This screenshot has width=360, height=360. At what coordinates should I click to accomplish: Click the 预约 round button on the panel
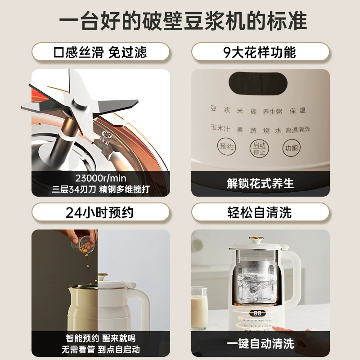pyautogui.click(x=226, y=147)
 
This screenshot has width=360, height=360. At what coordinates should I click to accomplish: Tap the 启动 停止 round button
pyautogui.click(x=259, y=148)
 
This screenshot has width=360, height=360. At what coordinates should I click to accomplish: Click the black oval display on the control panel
pyautogui.click(x=258, y=83)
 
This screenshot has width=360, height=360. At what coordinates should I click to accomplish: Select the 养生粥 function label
pyautogui.click(x=273, y=112)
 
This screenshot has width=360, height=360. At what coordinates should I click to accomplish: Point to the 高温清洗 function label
pyautogui.click(x=298, y=130)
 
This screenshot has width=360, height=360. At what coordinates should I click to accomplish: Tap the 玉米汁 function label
pyautogui.click(x=220, y=128)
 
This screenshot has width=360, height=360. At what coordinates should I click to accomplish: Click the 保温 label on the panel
pyautogui.click(x=297, y=111)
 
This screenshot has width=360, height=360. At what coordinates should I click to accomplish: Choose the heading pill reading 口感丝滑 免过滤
pyautogui.click(x=100, y=52)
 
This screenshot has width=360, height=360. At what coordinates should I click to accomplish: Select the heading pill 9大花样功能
pyautogui.click(x=261, y=52)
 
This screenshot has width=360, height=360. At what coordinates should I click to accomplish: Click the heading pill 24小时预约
pyautogui.click(x=100, y=212)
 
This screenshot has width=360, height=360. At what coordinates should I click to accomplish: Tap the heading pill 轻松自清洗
pyautogui.click(x=261, y=212)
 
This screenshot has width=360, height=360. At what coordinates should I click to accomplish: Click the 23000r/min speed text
pyautogui.click(x=101, y=178)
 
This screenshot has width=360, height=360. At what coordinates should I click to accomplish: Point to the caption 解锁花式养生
pyautogui.click(x=261, y=184)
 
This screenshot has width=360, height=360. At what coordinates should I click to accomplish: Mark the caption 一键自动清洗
pyautogui.click(x=261, y=344)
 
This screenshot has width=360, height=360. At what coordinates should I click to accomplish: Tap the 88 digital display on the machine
pyautogui.click(x=257, y=313)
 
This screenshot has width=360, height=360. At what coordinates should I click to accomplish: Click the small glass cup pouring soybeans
pyautogui.click(x=83, y=244)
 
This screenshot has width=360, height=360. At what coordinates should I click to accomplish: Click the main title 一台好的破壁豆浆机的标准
pyautogui.click(x=183, y=21)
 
